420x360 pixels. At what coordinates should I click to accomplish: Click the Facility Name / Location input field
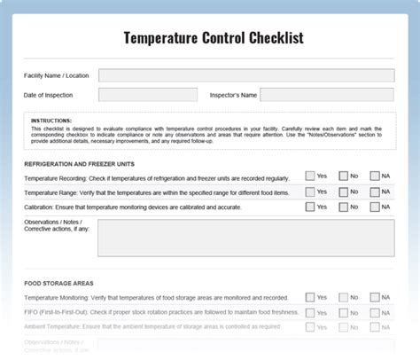(x=246, y=75)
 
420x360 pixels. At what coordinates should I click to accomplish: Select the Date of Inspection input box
(x=147, y=95)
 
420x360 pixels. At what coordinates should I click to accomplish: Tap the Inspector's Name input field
(x=327, y=95)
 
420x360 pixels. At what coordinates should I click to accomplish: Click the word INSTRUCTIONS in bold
(x=50, y=120)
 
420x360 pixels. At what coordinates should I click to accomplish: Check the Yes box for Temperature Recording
(x=310, y=176)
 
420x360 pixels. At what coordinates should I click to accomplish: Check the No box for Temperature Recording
(x=343, y=176)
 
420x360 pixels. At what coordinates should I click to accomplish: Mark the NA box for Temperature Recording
(x=375, y=176)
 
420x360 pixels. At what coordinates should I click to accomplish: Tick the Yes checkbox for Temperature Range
(x=310, y=192)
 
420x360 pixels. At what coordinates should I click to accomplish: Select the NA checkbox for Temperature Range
(x=375, y=192)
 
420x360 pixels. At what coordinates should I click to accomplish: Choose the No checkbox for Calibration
(x=343, y=207)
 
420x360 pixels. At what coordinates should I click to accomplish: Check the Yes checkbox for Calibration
(x=310, y=207)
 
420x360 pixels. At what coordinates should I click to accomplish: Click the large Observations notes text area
(x=246, y=238)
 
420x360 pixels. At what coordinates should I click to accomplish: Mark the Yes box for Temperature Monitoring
(x=310, y=297)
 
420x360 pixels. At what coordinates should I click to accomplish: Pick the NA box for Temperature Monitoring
(x=375, y=297)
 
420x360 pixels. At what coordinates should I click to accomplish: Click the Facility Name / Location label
(x=55, y=76)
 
